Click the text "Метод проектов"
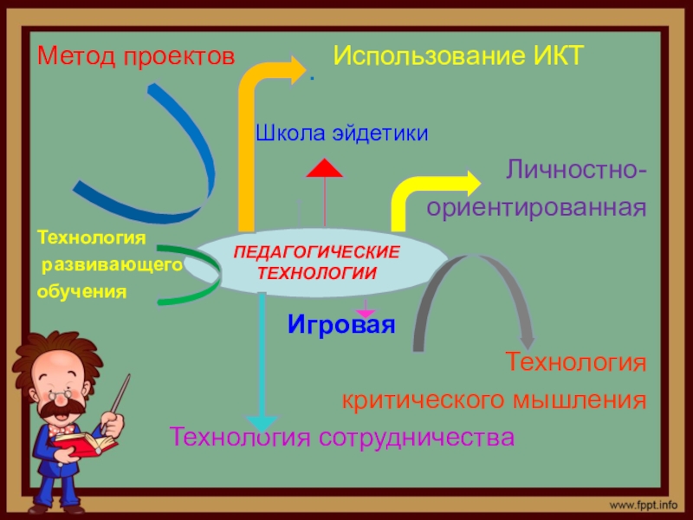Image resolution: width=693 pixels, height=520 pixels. pyautogui.click(x=135, y=57)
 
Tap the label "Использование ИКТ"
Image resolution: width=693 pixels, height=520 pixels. pyautogui.click(x=460, y=57)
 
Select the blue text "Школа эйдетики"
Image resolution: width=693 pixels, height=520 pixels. pyautogui.click(x=341, y=133)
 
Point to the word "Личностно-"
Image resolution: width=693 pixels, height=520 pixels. pyautogui.click(x=575, y=168)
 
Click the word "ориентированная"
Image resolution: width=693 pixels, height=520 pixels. pyautogui.click(x=536, y=207)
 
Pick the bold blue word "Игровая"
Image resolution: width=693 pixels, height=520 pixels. pyautogui.click(x=341, y=326)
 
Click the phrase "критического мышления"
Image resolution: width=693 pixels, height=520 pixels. pyautogui.click(x=495, y=400)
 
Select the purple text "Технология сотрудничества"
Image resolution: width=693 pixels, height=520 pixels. pyautogui.click(x=342, y=436)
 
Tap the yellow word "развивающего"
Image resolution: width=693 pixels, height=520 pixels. pyautogui.click(x=112, y=263)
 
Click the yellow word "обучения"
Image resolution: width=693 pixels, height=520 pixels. pyautogui.click(x=81, y=291)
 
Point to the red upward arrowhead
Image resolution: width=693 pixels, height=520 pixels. pyautogui.click(x=325, y=168)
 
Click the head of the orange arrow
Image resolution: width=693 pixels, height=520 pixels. pyautogui.click(x=298, y=67)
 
